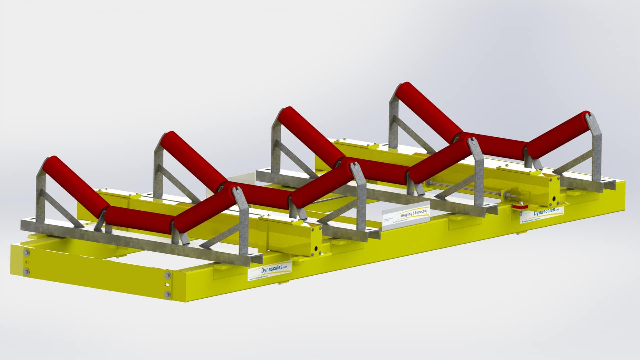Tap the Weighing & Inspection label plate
(407, 214)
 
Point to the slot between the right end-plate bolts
(167, 284)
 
